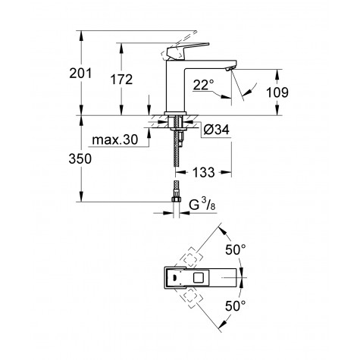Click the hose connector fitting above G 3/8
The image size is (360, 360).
click(177, 194)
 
